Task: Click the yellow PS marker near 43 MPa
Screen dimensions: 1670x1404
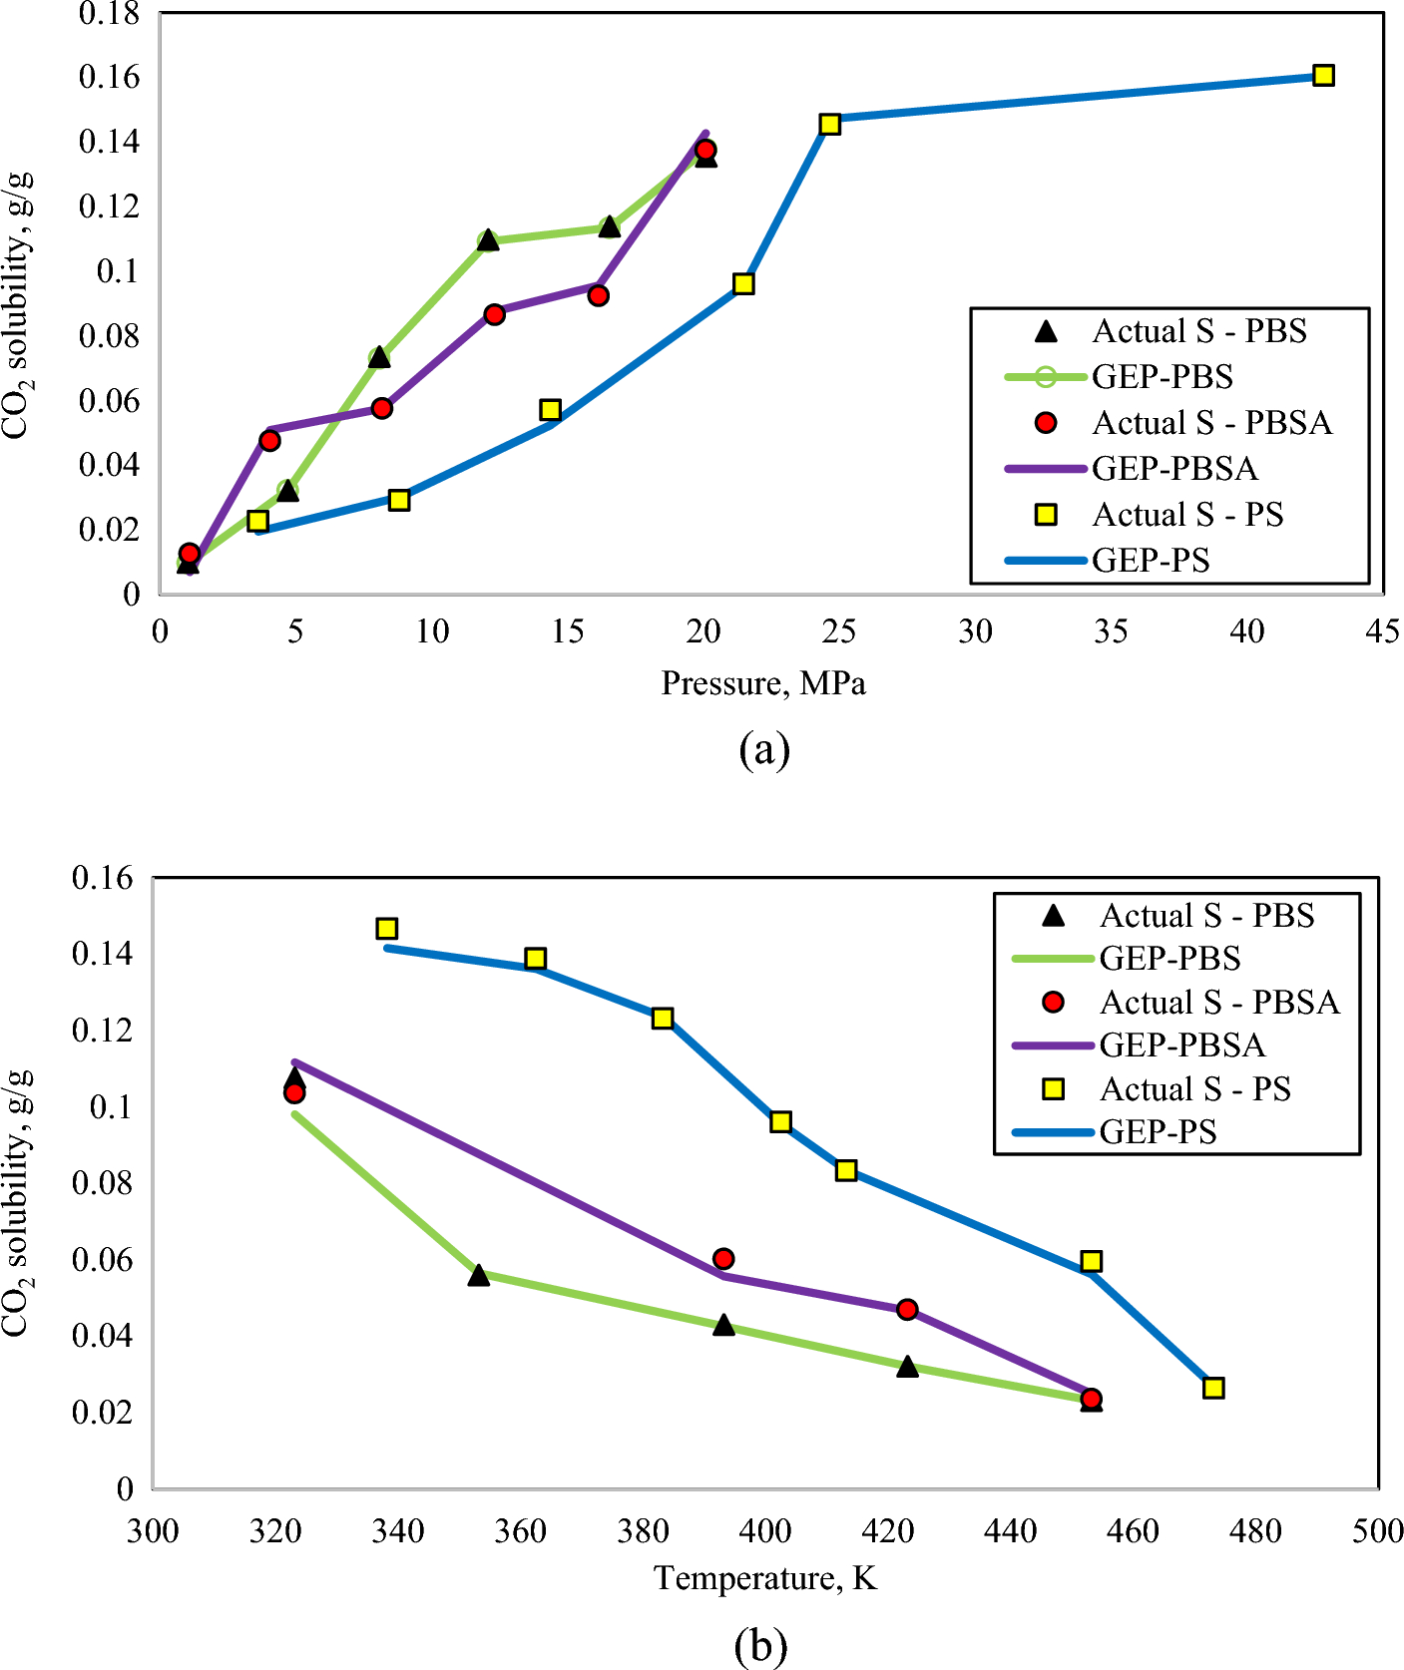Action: (x=1323, y=75)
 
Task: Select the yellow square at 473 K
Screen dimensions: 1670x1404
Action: (x=1212, y=1388)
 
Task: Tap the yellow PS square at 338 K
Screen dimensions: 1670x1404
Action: (x=387, y=929)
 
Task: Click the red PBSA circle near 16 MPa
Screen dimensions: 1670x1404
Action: (x=598, y=295)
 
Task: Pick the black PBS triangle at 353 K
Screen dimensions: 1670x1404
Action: (x=479, y=1275)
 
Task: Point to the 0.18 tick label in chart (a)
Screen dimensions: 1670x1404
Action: (x=110, y=14)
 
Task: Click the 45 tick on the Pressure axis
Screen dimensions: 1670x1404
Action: (x=1382, y=631)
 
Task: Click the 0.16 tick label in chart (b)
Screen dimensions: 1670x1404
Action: (x=102, y=878)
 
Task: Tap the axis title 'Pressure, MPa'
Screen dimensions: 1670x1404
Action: (x=763, y=683)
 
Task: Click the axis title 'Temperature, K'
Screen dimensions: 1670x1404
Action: (x=765, y=1578)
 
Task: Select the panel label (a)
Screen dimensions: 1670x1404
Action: (x=764, y=748)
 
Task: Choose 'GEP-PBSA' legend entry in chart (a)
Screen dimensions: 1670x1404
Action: (x=1174, y=468)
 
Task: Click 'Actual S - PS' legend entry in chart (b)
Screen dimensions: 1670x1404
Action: (x=1194, y=1088)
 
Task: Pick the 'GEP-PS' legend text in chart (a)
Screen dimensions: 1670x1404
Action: (x=1151, y=560)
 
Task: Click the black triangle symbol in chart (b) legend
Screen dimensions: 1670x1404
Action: (x=1053, y=915)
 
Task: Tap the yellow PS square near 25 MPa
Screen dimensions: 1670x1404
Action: (x=829, y=124)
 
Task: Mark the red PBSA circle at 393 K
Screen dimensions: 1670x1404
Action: (x=723, y=1259)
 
